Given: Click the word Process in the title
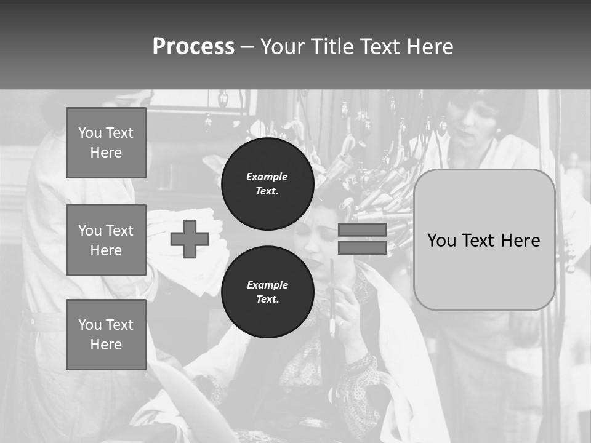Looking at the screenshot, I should [193, 47].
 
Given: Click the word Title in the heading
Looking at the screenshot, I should [329, 47].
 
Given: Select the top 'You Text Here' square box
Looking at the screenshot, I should [106, 143].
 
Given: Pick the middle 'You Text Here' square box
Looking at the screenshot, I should [106, 240].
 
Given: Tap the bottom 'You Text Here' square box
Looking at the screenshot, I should [106, 334].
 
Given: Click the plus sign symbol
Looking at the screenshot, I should [190, 239].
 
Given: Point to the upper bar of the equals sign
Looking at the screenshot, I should [362, 229].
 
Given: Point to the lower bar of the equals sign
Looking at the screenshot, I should [362, 247].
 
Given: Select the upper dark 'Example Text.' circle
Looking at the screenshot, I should [267, 183].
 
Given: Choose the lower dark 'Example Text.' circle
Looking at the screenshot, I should [267, 292].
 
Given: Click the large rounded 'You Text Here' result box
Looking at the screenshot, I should [484, 240].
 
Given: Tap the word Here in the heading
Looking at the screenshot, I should [428, 47].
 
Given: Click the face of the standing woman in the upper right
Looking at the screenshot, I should [471, 126].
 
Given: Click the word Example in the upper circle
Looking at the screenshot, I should [267, 177].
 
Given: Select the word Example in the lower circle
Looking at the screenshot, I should [267, 285].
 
